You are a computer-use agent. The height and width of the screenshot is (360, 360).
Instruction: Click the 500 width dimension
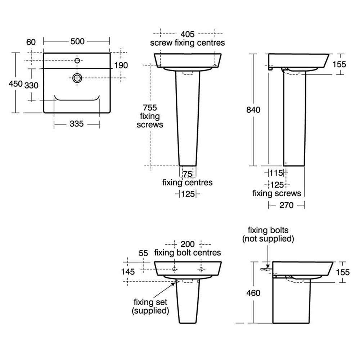pyautogui.click(x=77, y=41)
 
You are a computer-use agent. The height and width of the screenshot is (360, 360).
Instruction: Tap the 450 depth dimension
pyautogui.click(x=15, y=84)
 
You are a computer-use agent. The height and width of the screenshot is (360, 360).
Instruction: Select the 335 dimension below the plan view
pyautogui.click(x=76, y=124)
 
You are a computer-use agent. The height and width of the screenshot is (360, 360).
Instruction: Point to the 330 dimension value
pyautogui.click(x=31, y=85)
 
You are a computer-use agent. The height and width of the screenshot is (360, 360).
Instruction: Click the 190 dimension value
pyautogui.click(x=121, y=66)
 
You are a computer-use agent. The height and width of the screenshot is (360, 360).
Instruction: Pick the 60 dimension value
pyautogui.click(x=31, y=42)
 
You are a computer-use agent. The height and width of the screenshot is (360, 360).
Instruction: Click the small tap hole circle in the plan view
pyautogui.click(x=77, y=60)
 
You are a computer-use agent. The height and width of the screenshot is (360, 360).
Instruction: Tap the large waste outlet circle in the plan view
pyautogui.click(x=77, y=78)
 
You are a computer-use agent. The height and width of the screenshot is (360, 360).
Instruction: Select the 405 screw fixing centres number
pyautogui.click(x=187, y=34)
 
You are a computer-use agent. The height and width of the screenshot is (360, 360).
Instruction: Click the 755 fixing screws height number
pyautogui.click(x=150, y=107)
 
